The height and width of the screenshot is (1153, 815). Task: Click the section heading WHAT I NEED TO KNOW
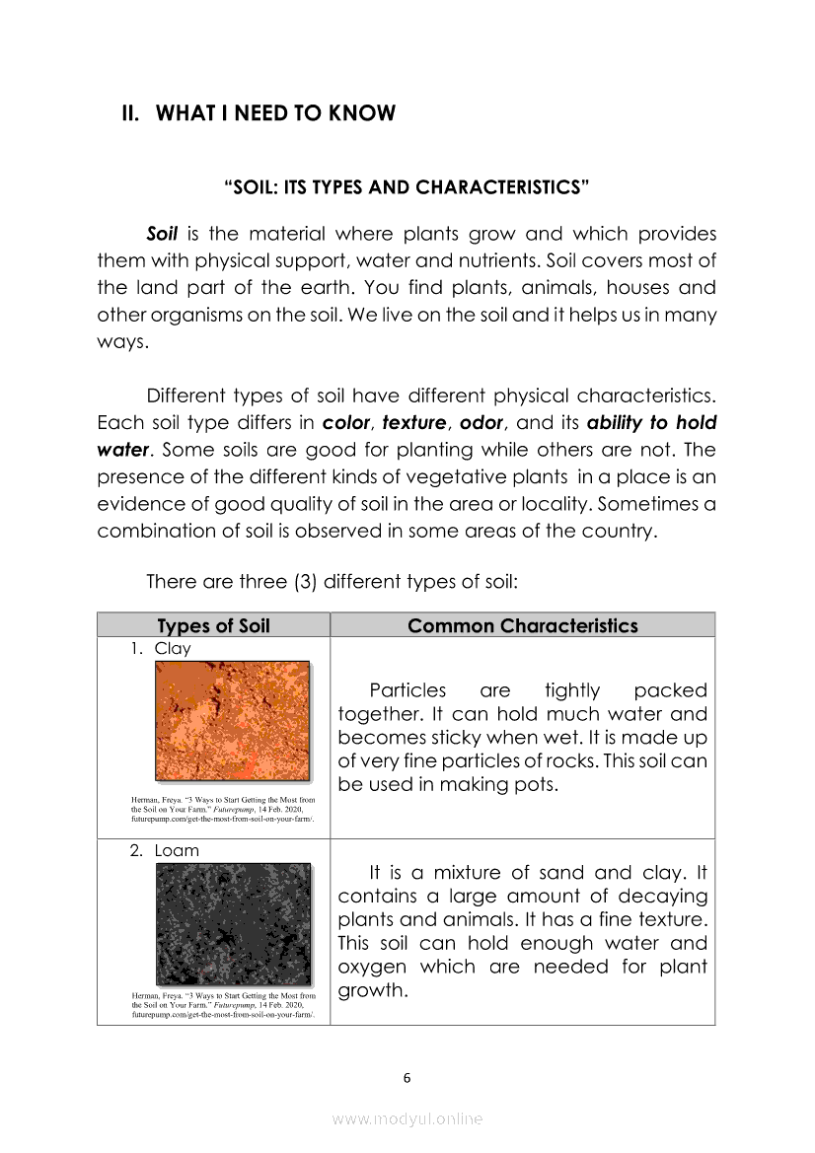pos(275,113)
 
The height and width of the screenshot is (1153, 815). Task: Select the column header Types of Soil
pos(213,626)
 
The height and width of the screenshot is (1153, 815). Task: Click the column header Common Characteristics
pos(522,626)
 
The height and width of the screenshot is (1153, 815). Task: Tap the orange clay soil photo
pos(233,721)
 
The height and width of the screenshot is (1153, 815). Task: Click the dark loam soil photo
pos(233,924)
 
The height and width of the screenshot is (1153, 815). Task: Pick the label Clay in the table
pos(173,649)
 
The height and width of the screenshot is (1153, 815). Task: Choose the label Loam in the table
pos(177,850)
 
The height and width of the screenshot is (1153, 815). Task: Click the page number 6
pos(407,1078)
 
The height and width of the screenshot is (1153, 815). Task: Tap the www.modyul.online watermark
pos(407,1119)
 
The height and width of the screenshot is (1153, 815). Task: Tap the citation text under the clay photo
pos(223,810)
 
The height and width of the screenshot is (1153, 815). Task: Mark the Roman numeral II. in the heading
pos(132,113)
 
